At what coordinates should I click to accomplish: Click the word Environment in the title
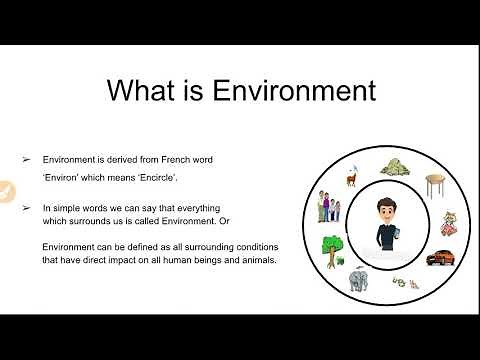point(288,91)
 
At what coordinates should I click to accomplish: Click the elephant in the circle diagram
point(360,281)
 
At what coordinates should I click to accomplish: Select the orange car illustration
point(441,257)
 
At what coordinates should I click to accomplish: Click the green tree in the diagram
point(333,247)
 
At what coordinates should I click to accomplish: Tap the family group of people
point(329,207)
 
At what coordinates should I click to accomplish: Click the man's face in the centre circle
point(385,210)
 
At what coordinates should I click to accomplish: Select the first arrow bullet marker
point(27,158)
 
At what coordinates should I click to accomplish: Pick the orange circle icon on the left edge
point(4,190)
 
